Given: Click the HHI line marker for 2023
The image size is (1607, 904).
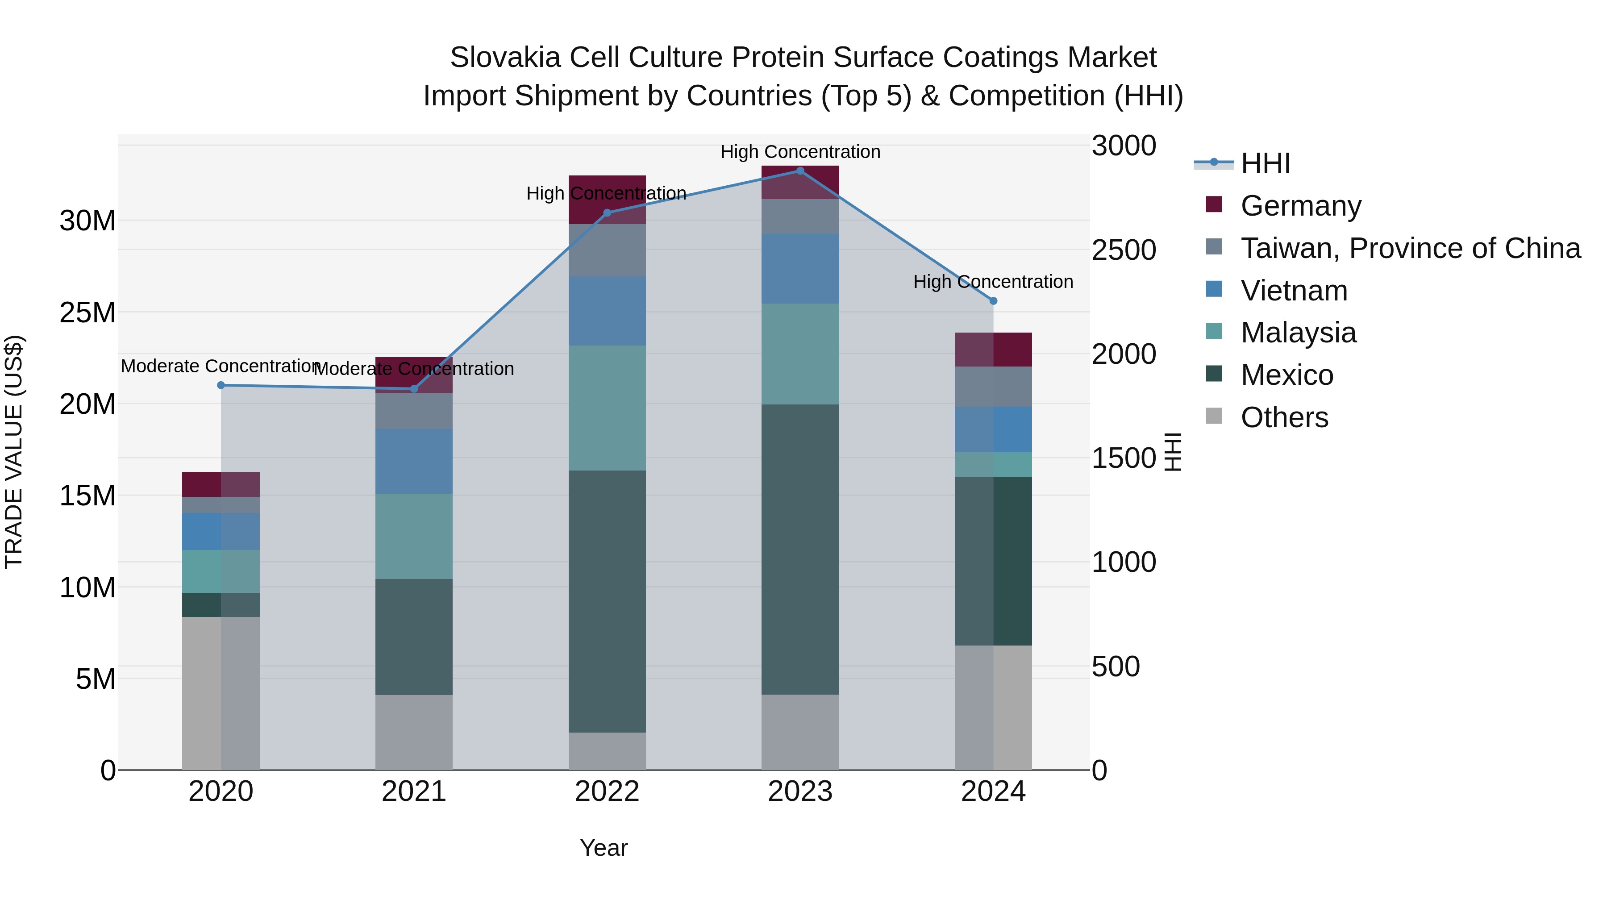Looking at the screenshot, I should tap(800, 171).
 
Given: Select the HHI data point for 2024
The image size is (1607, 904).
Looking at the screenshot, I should tap(994, 301).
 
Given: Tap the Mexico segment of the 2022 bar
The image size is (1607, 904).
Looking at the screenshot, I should tap(607, 601).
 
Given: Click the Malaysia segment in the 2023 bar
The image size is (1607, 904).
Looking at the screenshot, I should tap(800, 354).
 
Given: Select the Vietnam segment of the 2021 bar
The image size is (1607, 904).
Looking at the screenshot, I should tap(414, 461).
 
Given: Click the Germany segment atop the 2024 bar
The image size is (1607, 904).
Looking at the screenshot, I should tap(994, 350).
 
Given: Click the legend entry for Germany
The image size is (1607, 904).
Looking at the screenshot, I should tap(1301, 206).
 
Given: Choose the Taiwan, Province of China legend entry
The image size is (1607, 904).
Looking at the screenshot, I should tap(1410, 248).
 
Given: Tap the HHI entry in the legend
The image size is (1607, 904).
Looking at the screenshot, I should tap(1265, 163).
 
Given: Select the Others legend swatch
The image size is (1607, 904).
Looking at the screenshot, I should tap(1214, 416).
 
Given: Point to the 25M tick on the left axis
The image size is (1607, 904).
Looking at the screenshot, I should tap(87, 312).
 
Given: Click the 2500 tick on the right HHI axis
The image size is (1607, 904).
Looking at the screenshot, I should tap(1124, 250).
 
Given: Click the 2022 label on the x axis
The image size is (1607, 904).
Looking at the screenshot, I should tap(607, 792).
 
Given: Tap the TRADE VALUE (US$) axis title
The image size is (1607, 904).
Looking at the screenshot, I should tap(14, 452).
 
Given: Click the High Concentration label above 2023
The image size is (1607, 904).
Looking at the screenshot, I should tap(800, 152).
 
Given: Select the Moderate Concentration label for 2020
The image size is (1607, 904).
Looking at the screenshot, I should tap(220, 366).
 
